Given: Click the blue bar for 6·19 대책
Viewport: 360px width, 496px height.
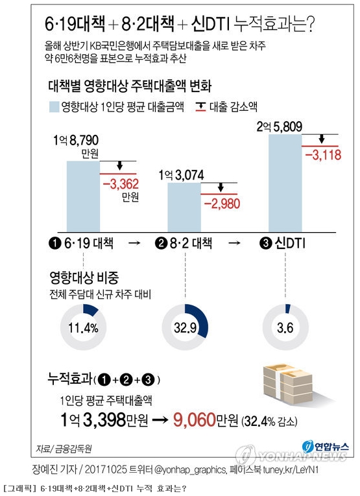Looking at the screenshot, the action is click(83, 196).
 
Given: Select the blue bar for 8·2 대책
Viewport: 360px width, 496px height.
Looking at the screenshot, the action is click(184, 207).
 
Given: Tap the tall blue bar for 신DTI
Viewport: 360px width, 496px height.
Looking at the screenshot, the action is click(285, 183).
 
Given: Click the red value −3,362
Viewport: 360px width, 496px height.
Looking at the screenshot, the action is click(121, 183).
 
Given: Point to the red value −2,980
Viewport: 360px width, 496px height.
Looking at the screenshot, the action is click(222, 204).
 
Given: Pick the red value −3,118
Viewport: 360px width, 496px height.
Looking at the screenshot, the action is click(323, 155).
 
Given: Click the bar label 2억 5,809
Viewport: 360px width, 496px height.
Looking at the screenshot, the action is click(280, 127).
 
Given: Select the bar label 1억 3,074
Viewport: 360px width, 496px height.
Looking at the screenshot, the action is click(181, 175).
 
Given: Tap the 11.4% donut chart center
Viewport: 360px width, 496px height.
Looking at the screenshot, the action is click(83, 327).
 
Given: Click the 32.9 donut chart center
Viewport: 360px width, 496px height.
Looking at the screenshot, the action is click(185, 327).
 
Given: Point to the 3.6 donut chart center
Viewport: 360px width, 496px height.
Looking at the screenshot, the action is click(285, 327).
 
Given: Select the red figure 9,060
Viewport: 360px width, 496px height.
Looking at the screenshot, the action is click(194, 419).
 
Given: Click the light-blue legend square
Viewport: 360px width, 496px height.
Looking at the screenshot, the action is click(54, 107).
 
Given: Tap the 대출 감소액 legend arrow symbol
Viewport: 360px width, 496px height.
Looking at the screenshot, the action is click(200, 107).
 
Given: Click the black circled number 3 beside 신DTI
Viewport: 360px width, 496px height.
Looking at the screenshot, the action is click(265, 243).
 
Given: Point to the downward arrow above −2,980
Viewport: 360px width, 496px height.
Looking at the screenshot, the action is click(221, 187).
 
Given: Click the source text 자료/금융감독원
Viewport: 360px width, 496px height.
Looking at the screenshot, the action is click(64, 449).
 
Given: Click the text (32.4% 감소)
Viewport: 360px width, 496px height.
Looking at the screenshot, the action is click(269, 421).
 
